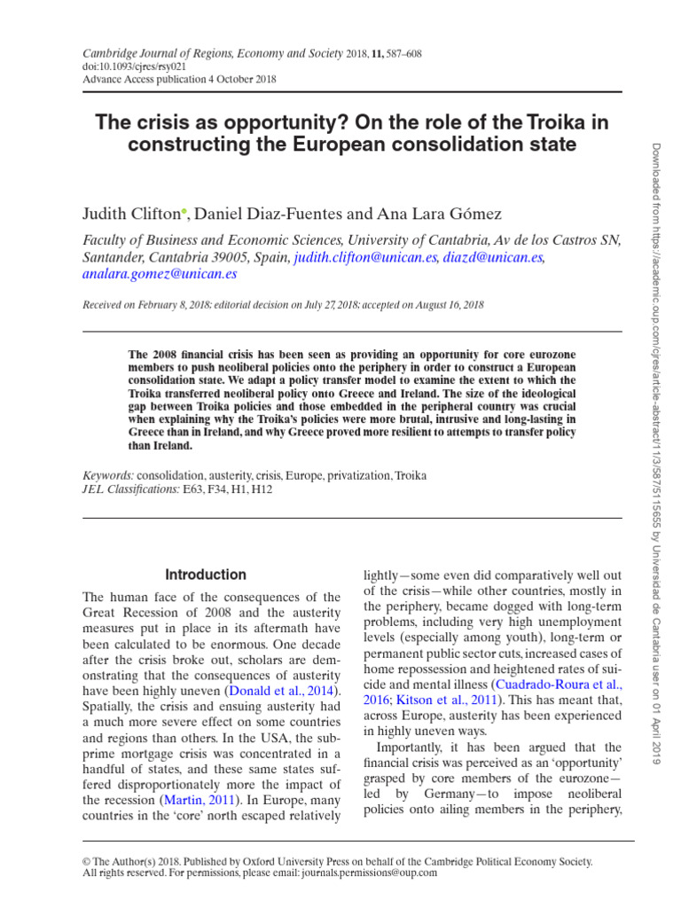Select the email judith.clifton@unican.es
tap(365, 257)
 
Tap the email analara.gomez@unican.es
tap(160, 275)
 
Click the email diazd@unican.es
tap(494, 257)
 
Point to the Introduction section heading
tap(205, 575)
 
